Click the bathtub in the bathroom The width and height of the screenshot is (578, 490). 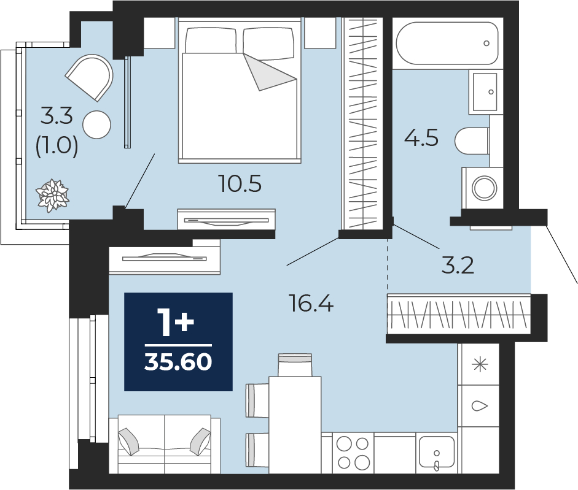[x=448, y=44]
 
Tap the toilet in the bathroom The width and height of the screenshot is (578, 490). [x=472, y=141]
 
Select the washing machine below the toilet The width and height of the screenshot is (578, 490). [x=482, y=188]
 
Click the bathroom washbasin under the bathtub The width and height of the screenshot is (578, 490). [x=486, y=91]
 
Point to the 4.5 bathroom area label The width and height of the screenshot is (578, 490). [x=421, y=139]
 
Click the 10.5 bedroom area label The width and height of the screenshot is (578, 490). [x=240, y=184]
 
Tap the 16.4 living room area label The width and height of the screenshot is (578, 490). [x=311, y=304]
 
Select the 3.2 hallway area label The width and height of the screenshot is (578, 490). [x=458, y=266]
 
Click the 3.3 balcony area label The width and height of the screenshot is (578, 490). [x=57, y=116]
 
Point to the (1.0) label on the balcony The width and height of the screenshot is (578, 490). [x=57, y=146]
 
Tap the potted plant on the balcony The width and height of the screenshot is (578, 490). [x=52, y=195]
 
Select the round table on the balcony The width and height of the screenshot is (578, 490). [x=96, y=125]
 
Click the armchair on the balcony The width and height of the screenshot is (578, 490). [x=90, y=77]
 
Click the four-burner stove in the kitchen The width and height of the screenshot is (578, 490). [x=353, y=453]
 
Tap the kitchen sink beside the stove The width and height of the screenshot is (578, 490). [x=437, y=453]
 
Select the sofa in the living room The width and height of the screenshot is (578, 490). [x=165, y=444]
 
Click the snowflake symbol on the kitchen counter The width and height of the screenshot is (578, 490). [x=480, y=365]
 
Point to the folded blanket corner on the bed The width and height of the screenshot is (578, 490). [x=270, y=72]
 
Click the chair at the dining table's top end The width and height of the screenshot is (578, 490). [x=295, y=365]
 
